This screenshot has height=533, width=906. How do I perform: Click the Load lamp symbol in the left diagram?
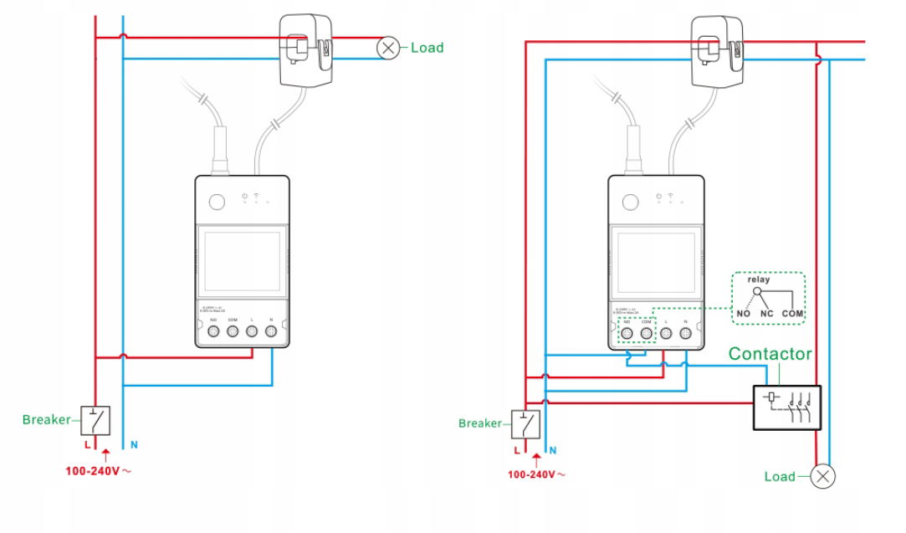click(388, 49)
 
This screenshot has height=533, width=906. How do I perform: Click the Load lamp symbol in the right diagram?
click(824, 477)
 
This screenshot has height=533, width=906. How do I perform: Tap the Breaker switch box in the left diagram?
click(95, 419)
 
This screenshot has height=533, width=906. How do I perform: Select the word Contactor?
click(770, 354)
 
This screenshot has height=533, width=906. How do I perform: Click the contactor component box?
click(786, 407)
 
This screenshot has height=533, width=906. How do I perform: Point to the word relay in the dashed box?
click(759, 279)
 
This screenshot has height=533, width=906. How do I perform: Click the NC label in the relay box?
click(766, 314)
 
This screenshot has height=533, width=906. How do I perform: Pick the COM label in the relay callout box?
click(792, 314)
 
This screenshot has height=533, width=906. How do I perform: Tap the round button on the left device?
click(217, 202)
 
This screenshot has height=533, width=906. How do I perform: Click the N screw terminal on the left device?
click(272, 332)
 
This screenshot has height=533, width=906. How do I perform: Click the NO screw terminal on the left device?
click(213, 332)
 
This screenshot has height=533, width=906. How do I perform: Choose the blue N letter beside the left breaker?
click(123, 445)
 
